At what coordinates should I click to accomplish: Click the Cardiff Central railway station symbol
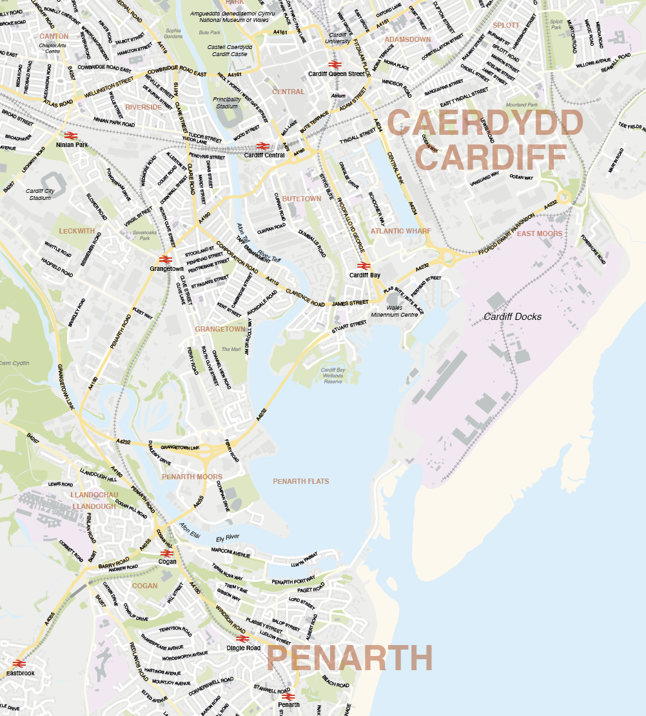pos(262,146)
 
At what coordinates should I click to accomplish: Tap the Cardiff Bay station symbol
pos(363,266)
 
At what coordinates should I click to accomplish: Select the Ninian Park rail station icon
pos(71,135)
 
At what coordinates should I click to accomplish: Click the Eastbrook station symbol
pos(19,664)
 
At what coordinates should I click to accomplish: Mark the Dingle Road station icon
pos(242,639)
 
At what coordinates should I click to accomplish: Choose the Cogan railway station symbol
pos(167,553)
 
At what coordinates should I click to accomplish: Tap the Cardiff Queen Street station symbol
pos(334,65)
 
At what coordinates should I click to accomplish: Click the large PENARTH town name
pos(349,659)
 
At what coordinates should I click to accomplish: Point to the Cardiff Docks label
pos(513,317)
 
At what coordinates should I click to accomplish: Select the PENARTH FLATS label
pos(300,481)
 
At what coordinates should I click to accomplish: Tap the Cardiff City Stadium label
pos(39,194)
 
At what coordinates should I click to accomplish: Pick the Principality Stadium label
pos(227,103)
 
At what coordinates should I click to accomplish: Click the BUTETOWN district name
pos(301,199)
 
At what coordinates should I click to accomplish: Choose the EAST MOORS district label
pos(539,234)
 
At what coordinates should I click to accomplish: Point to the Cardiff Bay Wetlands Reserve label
pos(333,375)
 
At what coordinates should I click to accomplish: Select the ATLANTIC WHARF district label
pos(400,231)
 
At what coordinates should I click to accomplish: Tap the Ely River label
pos(228,537)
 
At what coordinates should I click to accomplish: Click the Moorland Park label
pos(522,104)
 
